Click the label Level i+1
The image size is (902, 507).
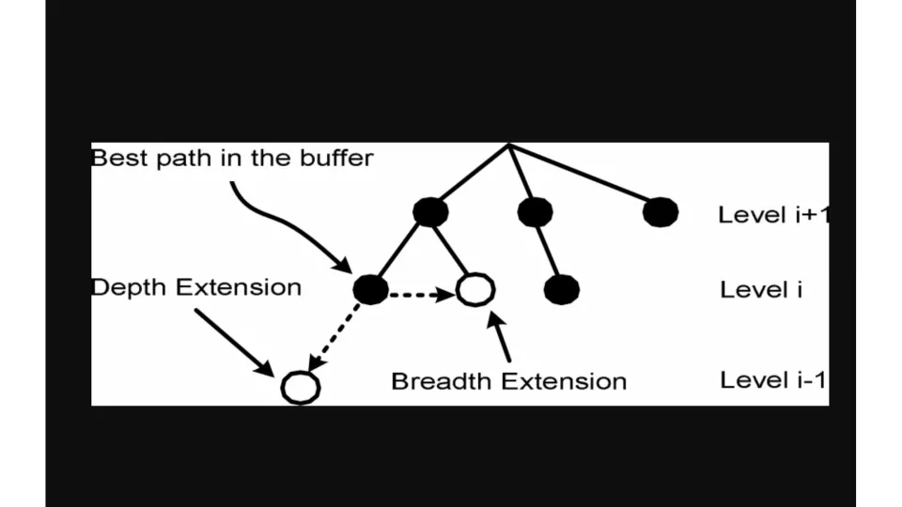coord(773,215)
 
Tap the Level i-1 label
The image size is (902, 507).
coord(772,380)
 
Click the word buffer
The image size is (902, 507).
coord(337,158)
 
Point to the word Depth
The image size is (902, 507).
coord(131,287)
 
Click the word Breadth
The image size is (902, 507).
coord(442,381)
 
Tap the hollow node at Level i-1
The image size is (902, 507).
coord(300,386)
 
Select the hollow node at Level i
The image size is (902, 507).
coord(475,289)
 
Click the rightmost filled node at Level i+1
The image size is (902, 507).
coord(661,212)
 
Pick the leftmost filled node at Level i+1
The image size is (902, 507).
coord(430,212)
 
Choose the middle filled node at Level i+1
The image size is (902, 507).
coord(535,212)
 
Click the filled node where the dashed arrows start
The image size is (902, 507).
coord(371,289)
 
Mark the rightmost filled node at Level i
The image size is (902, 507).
coord(561,289)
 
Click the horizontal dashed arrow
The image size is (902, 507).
coord(422,295)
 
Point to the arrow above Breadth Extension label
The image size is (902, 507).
coord(501,336)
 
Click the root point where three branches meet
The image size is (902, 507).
coord(508,146)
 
